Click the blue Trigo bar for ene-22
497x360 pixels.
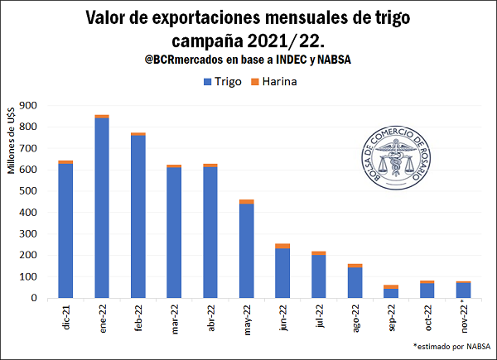click(102, 207)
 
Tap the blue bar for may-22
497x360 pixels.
click(246, 250)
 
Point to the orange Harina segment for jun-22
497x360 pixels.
click(282, 246)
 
